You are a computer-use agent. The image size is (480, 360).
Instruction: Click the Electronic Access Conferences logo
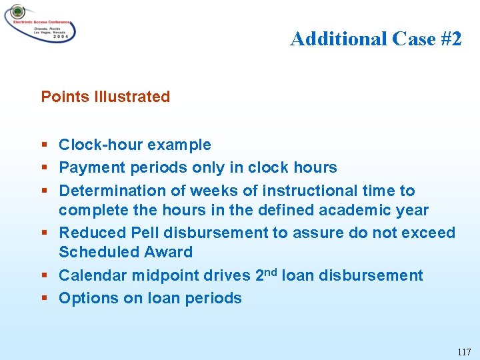39,24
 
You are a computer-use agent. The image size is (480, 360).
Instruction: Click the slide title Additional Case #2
375,39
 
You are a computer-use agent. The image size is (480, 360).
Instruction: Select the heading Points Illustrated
105,97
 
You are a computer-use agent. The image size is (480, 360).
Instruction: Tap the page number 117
464,351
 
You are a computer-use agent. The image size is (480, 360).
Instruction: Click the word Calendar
92,276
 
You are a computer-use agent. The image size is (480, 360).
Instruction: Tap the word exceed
431,233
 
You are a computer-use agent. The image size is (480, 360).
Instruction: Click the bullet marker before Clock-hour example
44,145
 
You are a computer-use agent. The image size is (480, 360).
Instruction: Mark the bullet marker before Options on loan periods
44,298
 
